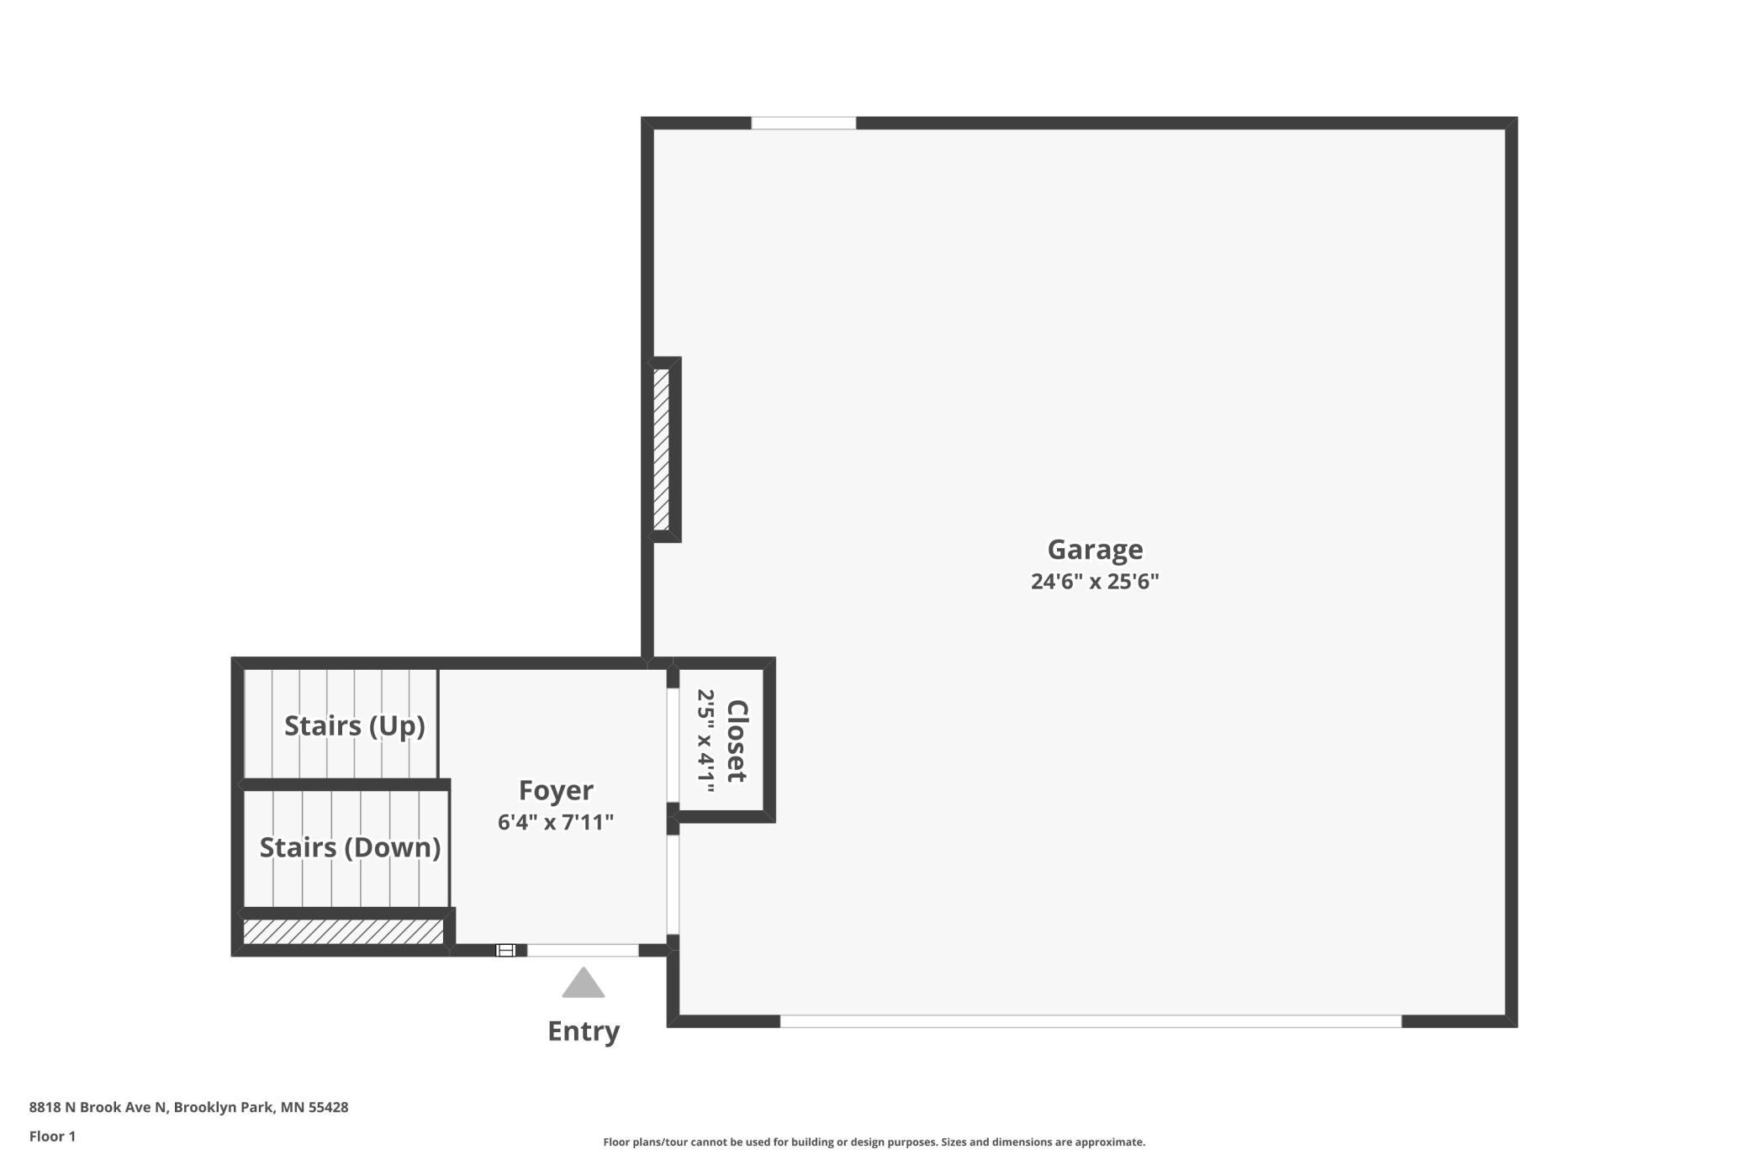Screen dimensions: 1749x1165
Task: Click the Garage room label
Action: [1095, 550]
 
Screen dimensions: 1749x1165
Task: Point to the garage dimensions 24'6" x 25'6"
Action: [1095, 582]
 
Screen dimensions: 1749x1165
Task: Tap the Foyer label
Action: [556, 790]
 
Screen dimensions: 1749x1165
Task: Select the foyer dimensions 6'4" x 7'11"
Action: [556, 822]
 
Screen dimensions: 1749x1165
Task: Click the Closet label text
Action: [737, 741]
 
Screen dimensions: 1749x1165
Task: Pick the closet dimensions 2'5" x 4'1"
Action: [705, 741]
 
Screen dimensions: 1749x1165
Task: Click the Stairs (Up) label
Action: [354, 725]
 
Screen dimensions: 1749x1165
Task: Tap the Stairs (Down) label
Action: [350, 847]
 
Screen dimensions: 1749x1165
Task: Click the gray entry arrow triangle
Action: [584, 983]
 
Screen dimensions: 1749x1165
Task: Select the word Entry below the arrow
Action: [584, 1031]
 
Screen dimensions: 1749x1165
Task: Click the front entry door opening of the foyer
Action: [583, 951]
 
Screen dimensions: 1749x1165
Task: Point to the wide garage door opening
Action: [1091, 1021]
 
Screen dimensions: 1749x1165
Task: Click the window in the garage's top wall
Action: [803, 123]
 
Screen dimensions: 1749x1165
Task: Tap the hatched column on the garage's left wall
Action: [662, 450]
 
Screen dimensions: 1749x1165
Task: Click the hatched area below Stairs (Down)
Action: [343, 931]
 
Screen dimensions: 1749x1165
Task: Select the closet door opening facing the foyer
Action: [673, 746]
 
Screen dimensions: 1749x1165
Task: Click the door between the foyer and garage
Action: [673, 885]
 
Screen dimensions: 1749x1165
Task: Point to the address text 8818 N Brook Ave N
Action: [99, 1107]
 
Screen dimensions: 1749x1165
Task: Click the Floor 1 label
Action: [52, 1136]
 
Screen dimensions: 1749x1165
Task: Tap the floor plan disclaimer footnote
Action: [874, 1142]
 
